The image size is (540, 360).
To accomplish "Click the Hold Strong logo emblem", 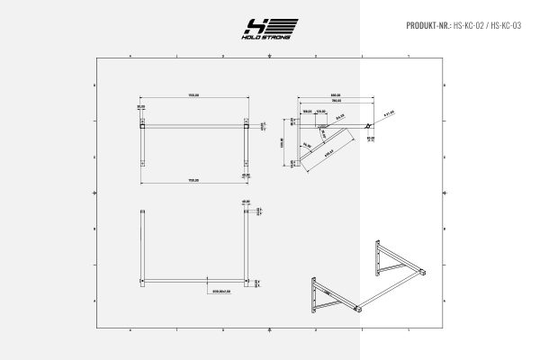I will coord(269,27).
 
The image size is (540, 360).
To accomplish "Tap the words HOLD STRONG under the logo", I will coord(269,40).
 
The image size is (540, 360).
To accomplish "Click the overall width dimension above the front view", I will coord(193,94).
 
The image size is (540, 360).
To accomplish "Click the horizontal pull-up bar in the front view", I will coord(193,127).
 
